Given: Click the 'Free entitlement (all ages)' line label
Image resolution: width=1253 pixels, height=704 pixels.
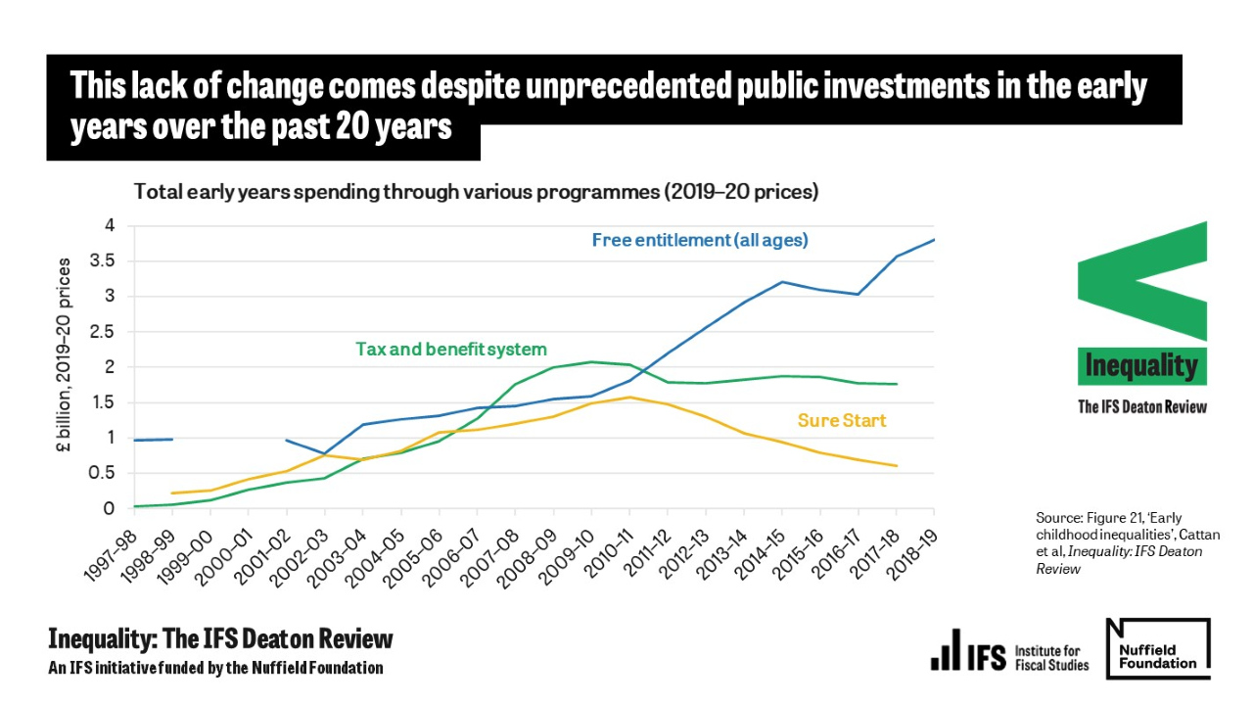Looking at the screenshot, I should [x=700, y=240].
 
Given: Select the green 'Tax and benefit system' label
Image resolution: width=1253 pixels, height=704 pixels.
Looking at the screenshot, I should [x=450, y=349].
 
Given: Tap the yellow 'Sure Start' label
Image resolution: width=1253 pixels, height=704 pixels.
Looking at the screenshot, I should [x=841, y=420].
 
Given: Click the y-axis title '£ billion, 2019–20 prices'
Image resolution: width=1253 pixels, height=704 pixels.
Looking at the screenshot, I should [x=66, y=354].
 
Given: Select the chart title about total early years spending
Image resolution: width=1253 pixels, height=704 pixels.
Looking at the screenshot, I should [x=476, y=192].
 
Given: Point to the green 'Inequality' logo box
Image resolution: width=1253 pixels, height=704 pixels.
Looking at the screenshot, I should [x=1141, y=366].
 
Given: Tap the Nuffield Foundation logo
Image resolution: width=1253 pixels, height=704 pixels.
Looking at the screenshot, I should [x=1158, y=648].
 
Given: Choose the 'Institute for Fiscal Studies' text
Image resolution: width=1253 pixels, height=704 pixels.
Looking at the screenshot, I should [x=1051, y=658].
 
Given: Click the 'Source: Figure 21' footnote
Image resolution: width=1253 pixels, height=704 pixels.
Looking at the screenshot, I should [x=1128, y=542].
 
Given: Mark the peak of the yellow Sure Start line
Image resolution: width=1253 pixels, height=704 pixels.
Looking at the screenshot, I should [x=629, y=397].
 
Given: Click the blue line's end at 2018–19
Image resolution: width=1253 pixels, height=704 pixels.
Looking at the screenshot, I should [x=934, y=239].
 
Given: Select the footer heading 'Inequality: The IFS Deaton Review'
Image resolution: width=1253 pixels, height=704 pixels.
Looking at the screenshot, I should [x=220, y=639].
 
